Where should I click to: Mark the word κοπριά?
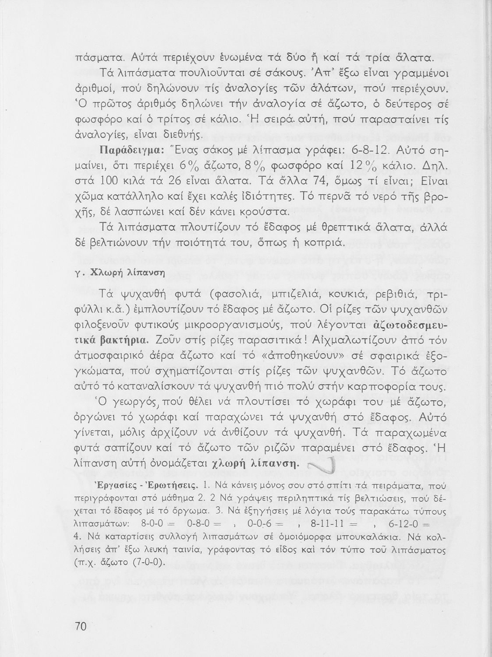328,242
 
